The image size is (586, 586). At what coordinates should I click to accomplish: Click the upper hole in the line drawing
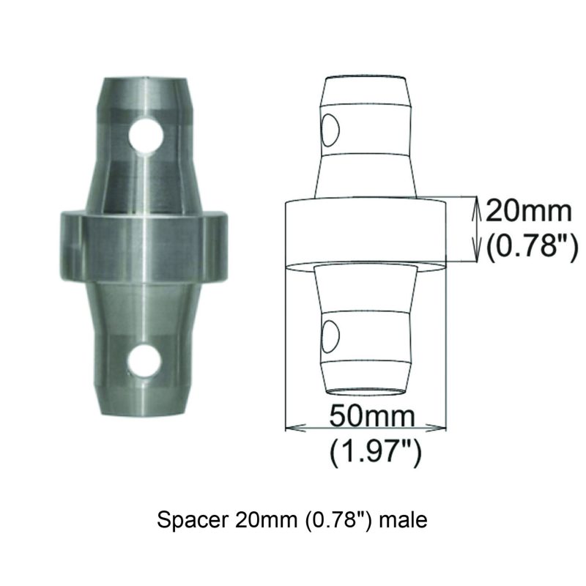329,130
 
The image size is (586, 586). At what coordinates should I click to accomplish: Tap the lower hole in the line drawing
329,336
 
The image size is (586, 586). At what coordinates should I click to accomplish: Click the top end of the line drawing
365,78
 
